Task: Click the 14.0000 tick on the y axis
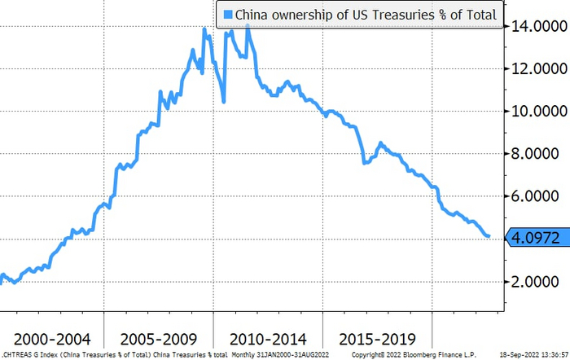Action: point(536,27)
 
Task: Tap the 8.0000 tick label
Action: point(536,154)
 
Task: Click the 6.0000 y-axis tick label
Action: point(536,196)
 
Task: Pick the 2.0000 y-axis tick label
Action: point(536,281)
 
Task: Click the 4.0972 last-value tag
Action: point(535,238)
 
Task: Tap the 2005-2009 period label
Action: point(159,337)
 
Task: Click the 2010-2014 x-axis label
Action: point(268,337)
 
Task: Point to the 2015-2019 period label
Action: point(377,337)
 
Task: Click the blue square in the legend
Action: point(227,14)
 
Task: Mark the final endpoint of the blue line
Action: point(489,236)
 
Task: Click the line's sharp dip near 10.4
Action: point(224,102)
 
